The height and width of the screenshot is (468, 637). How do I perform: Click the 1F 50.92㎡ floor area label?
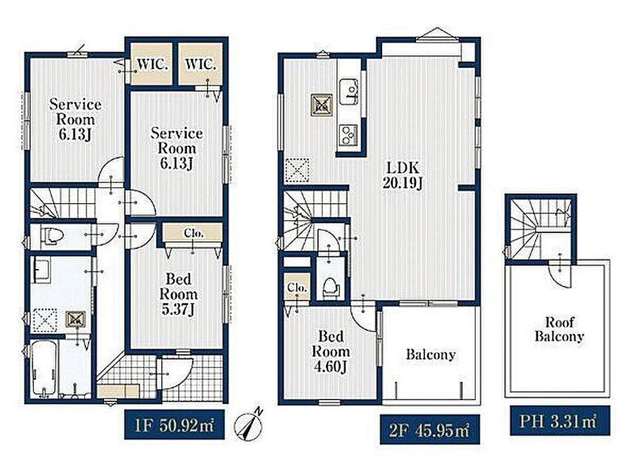click(x=174, y=425)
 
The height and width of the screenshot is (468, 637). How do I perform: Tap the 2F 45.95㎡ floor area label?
click(x=430, y=430)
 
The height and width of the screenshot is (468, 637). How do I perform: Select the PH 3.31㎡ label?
click(x=559, y=421)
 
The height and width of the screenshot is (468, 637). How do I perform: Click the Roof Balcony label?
click(x=559, y=329)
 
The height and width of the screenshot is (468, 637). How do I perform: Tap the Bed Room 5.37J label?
click(x=178, y=294)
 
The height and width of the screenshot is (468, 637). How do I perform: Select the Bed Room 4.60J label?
click(x=330, y=352)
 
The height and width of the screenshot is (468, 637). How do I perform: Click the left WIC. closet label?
click(x=153, y=64)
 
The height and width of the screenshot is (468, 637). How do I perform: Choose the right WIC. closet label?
click(x=200, y=64)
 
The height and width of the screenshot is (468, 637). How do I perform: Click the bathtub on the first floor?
click(x=43, y=369)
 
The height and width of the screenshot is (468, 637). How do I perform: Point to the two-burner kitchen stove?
click(x=348, y=135)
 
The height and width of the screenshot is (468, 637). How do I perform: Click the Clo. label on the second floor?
click(x=297, y=287)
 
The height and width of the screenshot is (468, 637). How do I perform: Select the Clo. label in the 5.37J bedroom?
click(x=194, y=233)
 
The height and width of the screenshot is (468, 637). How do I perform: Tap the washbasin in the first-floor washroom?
click(x=41, y=270)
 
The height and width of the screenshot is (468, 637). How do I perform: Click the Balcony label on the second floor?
click(x=430, y=355)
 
